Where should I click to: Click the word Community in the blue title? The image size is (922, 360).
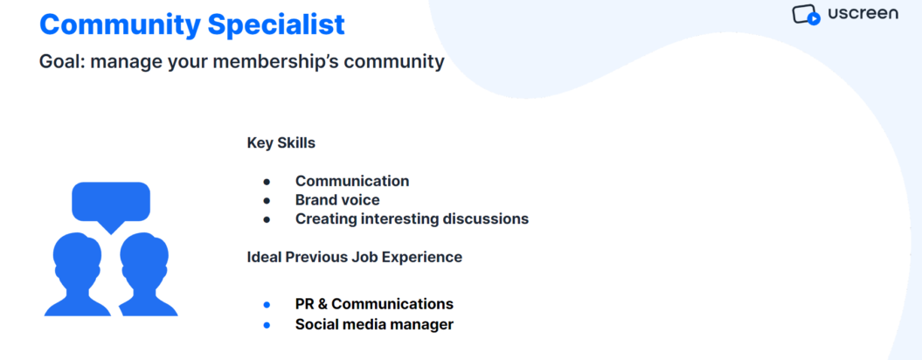(120, 25)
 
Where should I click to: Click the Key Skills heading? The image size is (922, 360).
(281, 143)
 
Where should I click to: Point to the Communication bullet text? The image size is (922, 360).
(352, 181)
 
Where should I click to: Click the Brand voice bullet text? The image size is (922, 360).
(337, 200)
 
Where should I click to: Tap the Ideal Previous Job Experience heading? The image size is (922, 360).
(355, 257)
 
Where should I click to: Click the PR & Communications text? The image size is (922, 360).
(374, 304)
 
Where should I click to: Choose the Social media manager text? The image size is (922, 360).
(374, 324)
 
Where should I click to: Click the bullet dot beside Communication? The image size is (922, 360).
(267, 182)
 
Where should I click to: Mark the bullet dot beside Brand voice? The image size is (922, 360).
(267, 201)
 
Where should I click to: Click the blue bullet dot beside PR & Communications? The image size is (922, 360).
(267, 305)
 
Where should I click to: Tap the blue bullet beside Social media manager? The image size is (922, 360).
(267, 325)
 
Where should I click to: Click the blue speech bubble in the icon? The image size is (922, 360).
(110, 203)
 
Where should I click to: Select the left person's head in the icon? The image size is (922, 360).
(77, 254)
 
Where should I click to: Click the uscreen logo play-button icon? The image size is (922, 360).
(814, 19)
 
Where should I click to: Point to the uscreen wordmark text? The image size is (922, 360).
(863, 13)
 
